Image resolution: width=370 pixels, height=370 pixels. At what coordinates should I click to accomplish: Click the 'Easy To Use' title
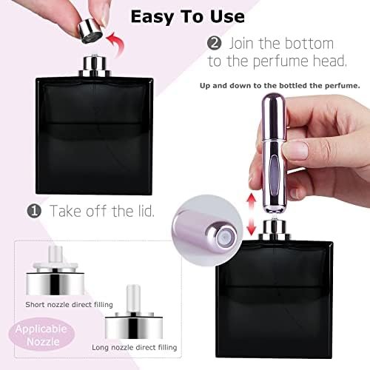[188, 17]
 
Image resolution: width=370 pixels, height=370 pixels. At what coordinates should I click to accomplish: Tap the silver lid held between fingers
[90, 31]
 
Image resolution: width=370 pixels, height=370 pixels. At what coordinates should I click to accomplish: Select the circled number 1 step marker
[34, 211]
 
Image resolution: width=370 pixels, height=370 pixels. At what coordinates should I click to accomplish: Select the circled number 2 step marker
[214, 44]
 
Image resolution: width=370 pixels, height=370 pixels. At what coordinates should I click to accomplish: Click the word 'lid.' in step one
[144, 211]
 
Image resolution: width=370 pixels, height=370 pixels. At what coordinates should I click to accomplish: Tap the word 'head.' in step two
[330, 61]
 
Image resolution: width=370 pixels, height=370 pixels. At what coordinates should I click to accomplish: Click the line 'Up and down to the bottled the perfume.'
[280, 86]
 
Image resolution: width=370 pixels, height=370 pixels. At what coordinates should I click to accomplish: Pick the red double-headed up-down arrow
[252, 214]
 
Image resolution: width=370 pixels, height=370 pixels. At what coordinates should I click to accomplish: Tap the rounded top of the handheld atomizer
[274, 99]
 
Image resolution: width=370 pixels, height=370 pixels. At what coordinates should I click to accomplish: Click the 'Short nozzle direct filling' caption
[69, 305]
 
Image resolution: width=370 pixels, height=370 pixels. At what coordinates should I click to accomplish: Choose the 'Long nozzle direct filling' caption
[135, 347]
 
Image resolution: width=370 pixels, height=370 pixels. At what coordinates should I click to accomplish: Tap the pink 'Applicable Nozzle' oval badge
[41, 335]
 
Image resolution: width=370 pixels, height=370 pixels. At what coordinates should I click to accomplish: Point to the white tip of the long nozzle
[133, 298]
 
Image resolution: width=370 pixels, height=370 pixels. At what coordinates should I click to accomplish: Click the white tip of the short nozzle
[55, 254]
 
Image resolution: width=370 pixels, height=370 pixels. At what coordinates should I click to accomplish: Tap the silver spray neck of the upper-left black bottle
[95, 66]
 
